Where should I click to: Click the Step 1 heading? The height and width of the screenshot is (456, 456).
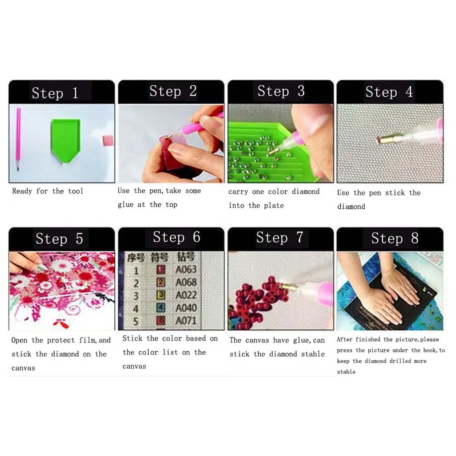[55, 93]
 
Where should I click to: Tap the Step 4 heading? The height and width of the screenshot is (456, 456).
[389, 92]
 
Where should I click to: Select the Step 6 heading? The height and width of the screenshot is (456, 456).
[176, 237]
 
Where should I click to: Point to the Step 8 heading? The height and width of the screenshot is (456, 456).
[395, 238]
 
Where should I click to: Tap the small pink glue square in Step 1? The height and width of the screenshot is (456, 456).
[108, 141]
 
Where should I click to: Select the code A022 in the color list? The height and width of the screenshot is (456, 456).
[186, 295]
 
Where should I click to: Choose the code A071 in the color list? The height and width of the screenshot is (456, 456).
[186, 321]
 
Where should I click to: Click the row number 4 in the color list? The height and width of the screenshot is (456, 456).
[136, 308]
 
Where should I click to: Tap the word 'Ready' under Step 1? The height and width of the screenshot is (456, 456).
[22, 191]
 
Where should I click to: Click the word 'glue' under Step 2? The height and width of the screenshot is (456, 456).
[126, 205]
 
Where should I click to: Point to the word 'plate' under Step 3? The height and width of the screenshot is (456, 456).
[273, 205]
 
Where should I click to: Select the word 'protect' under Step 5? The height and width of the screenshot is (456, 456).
[62, 340]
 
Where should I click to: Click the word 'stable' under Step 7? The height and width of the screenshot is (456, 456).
[314, 354]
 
